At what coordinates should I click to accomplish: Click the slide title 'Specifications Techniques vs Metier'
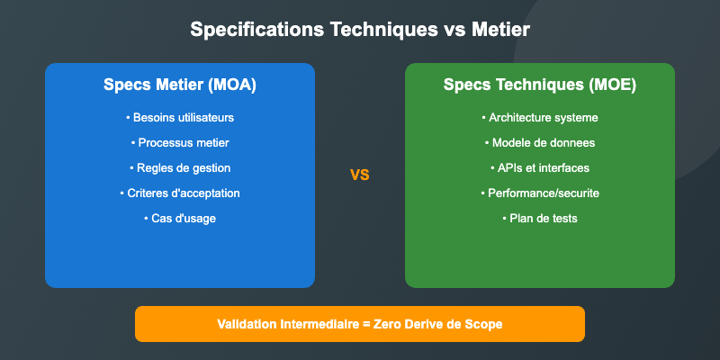pos(360,31)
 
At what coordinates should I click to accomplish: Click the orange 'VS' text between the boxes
pos(360,175)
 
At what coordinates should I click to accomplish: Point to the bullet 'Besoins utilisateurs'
pos(180,118)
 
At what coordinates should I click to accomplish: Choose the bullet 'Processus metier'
pos(180,143)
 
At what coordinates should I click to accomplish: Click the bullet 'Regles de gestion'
pos(180,168)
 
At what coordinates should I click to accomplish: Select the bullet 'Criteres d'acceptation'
pos(180,193)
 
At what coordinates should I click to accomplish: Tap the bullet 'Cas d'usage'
pos(180,219)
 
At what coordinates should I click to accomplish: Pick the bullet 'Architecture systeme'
pos(540,118)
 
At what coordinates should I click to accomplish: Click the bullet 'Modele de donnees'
pos(540,143)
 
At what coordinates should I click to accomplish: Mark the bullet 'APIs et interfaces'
pos(540,168)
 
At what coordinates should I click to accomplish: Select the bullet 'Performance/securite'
pos(540,193)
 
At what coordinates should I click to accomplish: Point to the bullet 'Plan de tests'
pos(540,219)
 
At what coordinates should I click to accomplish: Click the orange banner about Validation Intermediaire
pos(360,324)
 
